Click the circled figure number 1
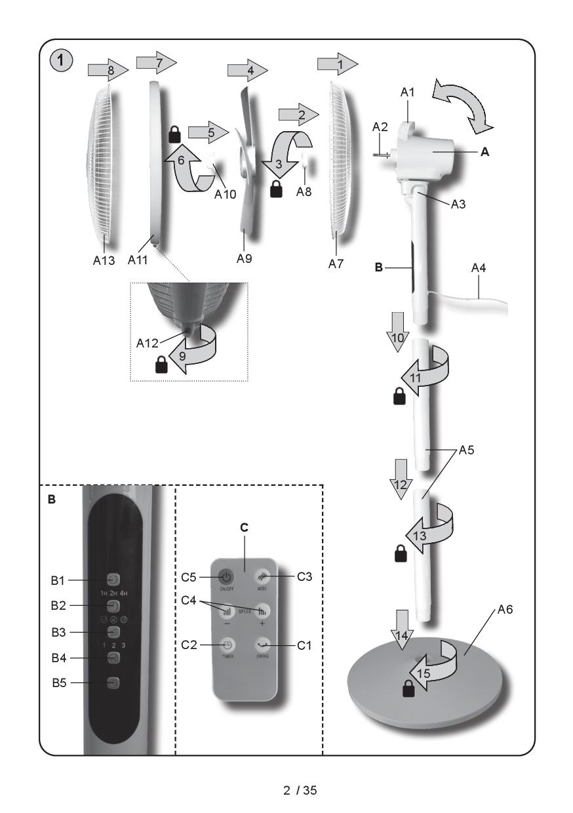[60, 63]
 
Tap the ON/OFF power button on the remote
[226, 578]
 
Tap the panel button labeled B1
[114, 580]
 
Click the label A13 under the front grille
[104, 260]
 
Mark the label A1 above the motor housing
[408, 93]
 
